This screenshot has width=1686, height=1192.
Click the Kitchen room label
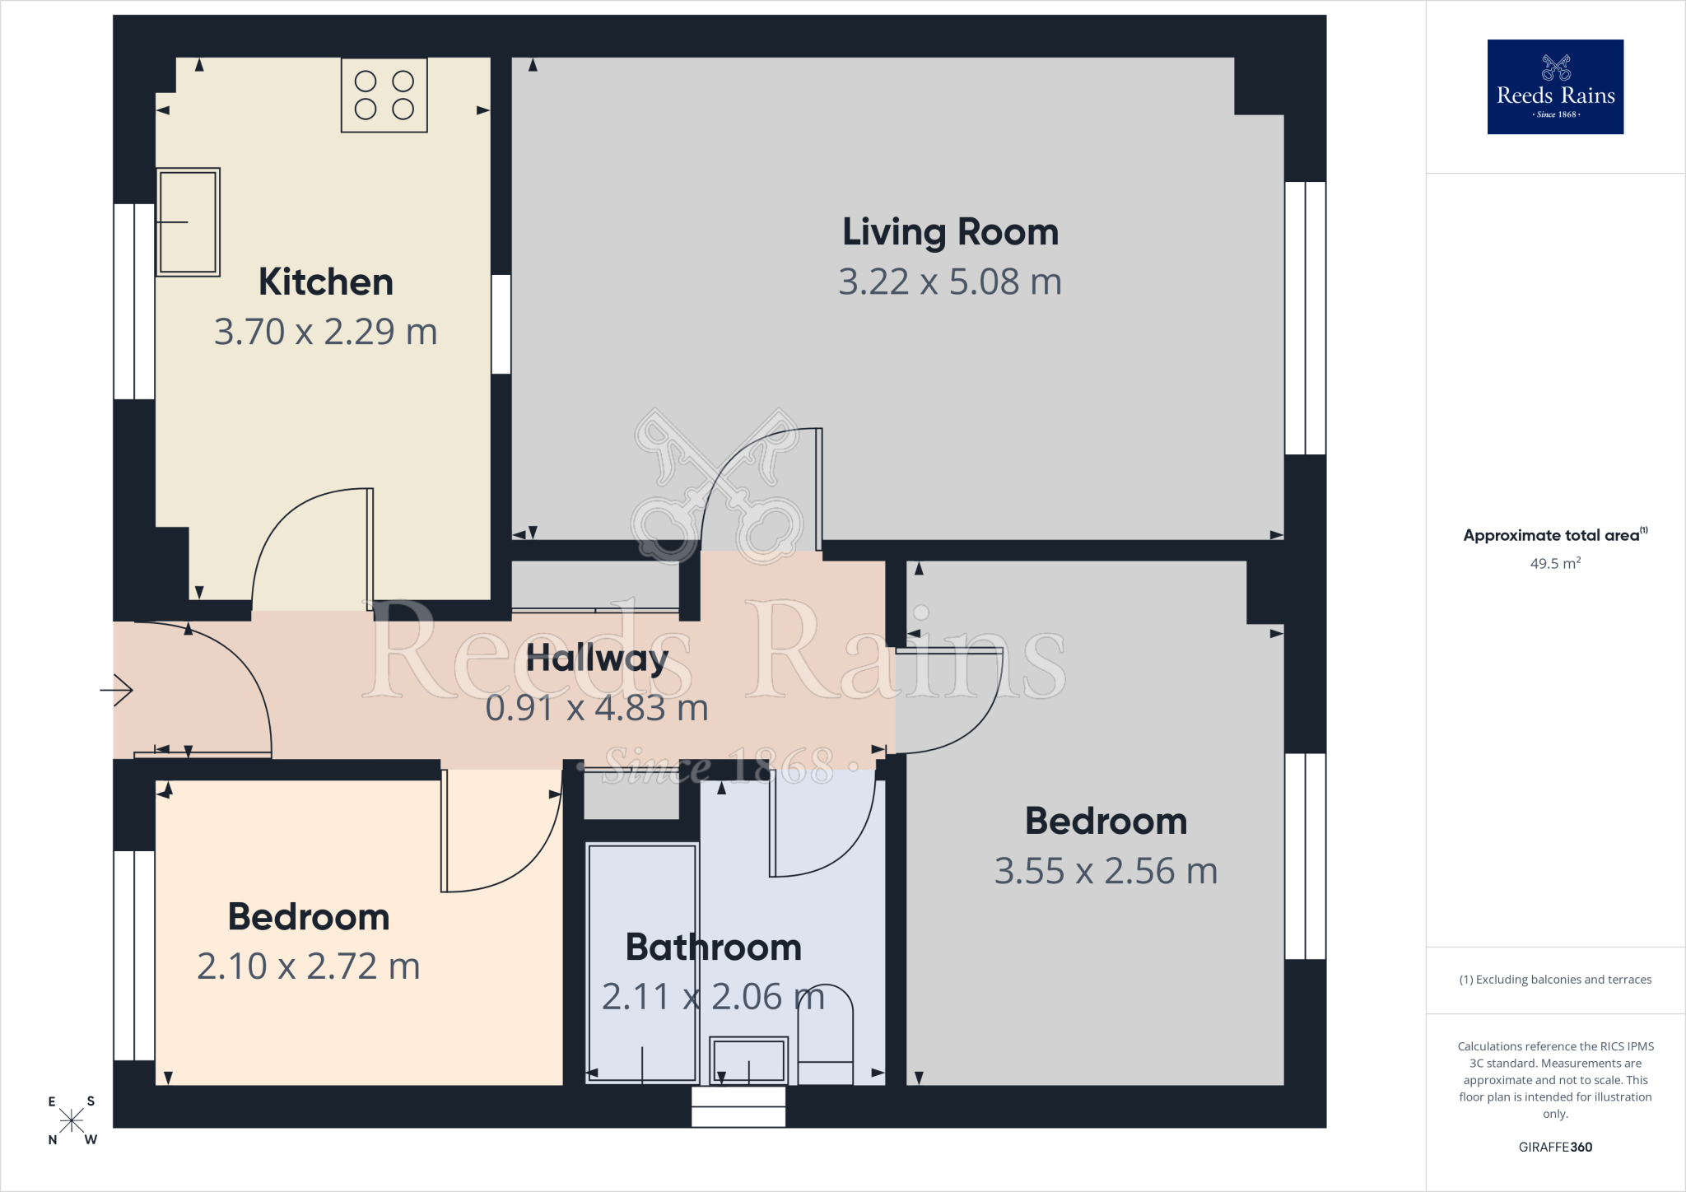click(326, 282)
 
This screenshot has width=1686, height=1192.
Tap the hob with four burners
click(384, 95)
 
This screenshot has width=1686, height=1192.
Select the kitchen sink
click(188, 221)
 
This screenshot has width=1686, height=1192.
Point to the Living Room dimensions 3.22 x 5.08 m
click(950, 282)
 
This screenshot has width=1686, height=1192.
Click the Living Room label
click(950, 232)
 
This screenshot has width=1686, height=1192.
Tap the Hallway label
click(597, 659)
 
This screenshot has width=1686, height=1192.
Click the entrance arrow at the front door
click(116, 690)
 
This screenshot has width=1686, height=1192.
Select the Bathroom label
click(714, 947)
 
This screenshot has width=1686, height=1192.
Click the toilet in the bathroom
click(825, 1034)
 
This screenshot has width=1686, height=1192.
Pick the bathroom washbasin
click(748, 1060)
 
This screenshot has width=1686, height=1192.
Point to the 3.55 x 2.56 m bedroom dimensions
click(1106, 871)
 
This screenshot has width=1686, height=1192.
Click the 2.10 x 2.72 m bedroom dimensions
click(309, 966)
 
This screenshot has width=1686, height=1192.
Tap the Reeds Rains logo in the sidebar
click(1555, 86)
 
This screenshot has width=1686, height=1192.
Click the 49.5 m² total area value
click(1555, 563)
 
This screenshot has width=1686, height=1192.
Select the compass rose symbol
click(72, 1120)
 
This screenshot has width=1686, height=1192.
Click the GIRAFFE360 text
click(1555, 1147)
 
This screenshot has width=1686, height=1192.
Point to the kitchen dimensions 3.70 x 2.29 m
click(326, 332)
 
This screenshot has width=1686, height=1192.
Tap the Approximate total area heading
click(1555, 535)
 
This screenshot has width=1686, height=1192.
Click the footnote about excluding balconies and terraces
click(1555, 980)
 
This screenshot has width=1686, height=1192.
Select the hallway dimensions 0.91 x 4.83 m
click(597, 708)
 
